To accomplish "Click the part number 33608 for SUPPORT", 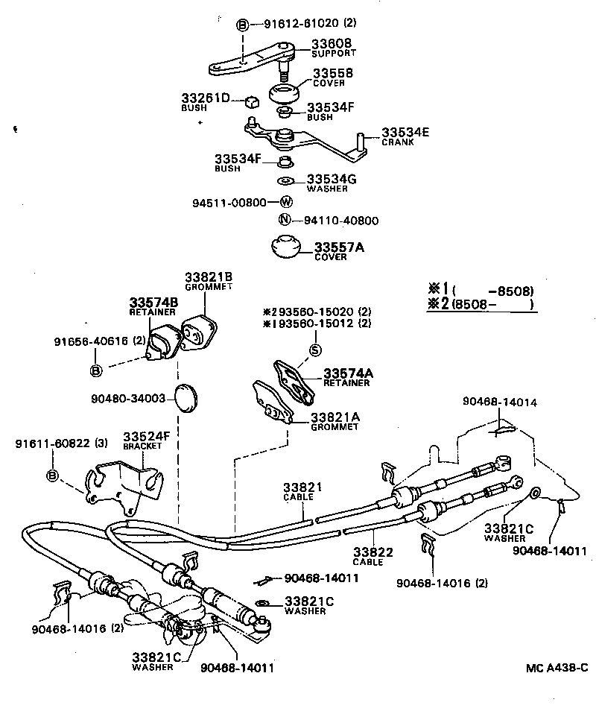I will click(x=332, y=44).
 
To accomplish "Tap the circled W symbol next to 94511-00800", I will click(x=286, y=202).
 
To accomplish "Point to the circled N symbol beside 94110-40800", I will click(x=284, y=220).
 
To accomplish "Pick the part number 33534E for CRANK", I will click(x=407, y=132).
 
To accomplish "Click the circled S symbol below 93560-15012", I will click(x=315, y=350).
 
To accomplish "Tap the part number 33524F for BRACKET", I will click(x=147, y=436).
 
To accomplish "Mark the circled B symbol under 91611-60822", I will click(x=52, y=476).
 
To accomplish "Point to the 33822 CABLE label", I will click(x=368, y=556).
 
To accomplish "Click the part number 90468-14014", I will click(x=498, y=402).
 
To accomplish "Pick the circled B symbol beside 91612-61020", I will click(x=242, y=24).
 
